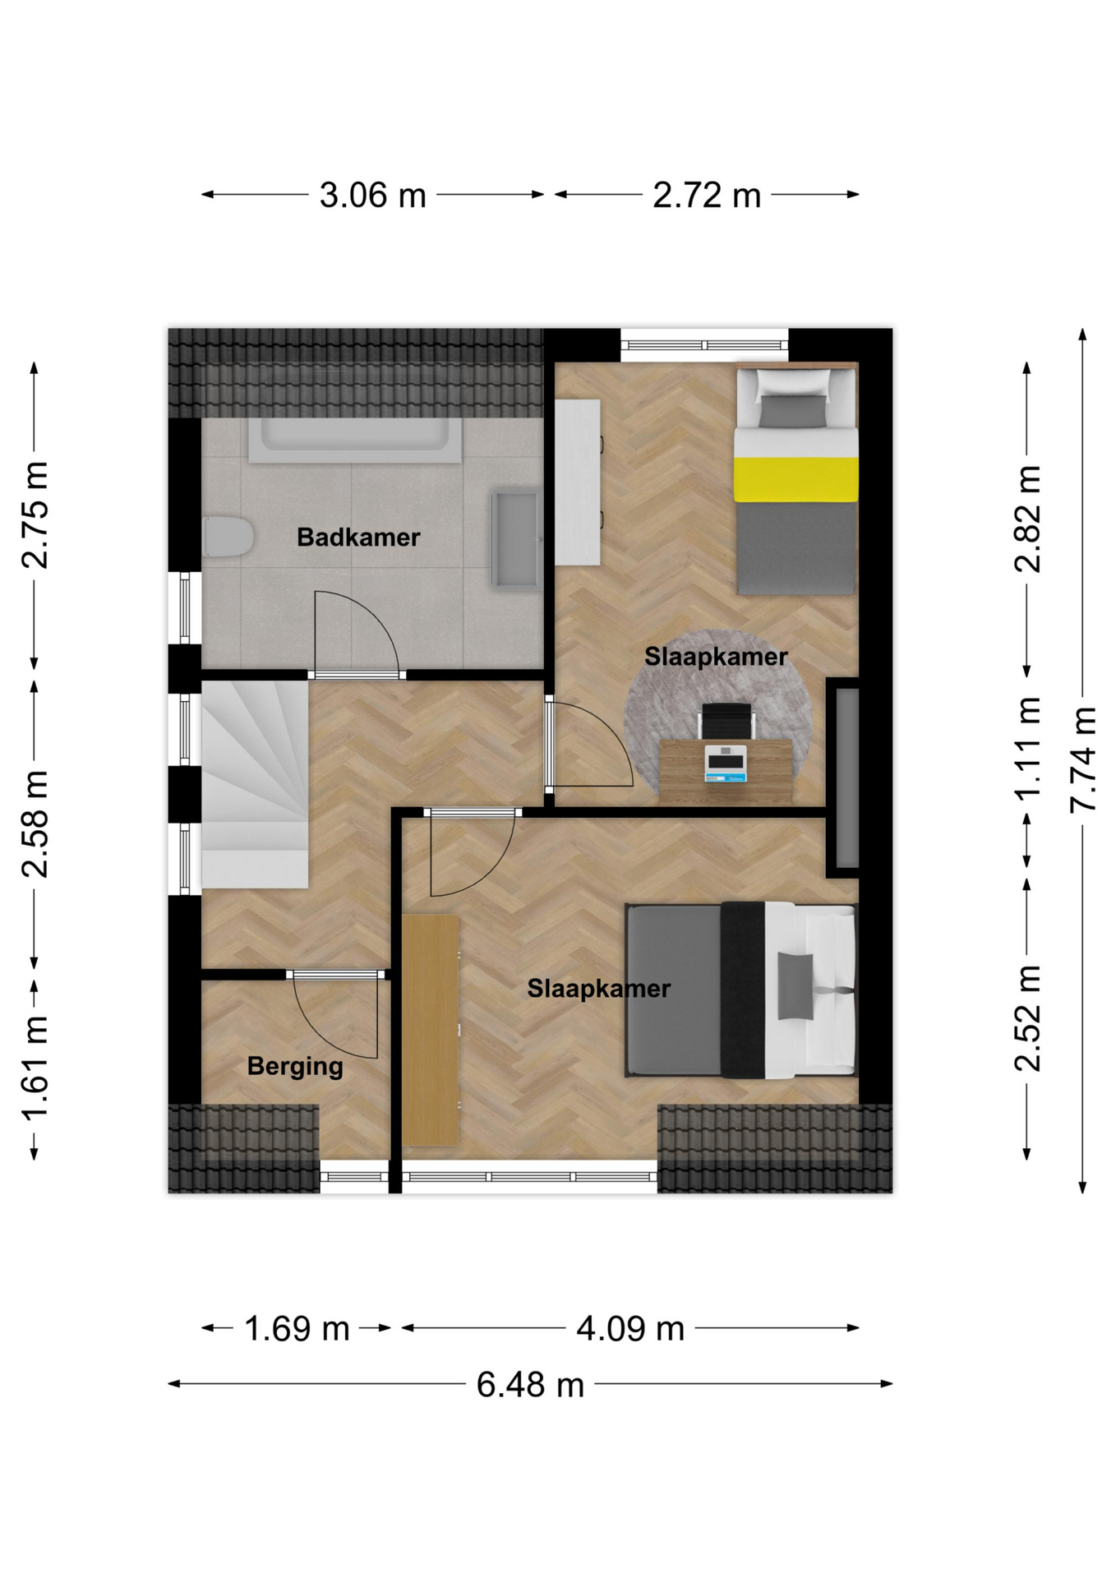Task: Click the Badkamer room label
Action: (358, 538)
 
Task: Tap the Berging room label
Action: (295, 1067)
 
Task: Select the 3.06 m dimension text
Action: (372, 196)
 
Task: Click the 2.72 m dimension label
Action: (707, 196)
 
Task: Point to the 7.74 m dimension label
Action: (1083, 759)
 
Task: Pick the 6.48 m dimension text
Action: (530, 1385)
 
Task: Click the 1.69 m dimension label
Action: (297, 1329)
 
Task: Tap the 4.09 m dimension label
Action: (630, 1329)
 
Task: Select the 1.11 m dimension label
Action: (1027, 748)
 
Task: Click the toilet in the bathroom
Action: (228, 537)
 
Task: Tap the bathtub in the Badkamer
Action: (355, 441)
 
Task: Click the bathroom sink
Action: (516, 540)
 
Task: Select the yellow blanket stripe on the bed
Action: (795, 479)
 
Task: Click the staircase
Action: (255, 784)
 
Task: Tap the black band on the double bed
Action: (744, 990)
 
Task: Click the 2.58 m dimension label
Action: (35, 824)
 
